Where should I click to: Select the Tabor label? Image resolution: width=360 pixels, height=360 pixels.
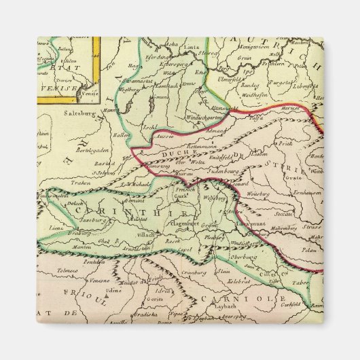click(300, 286)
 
